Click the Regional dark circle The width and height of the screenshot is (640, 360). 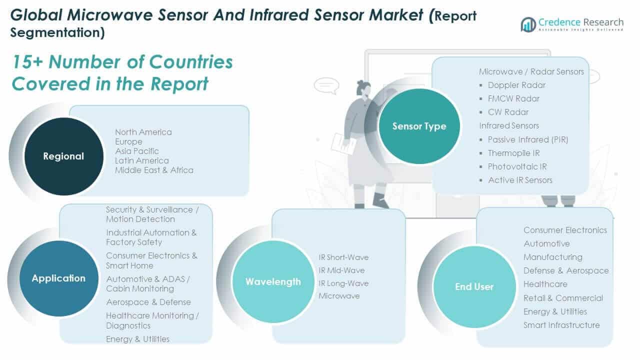(x=63, y=156)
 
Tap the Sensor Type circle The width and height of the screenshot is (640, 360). (x=419, y=126)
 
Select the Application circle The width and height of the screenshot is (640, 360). (x=58, y=278)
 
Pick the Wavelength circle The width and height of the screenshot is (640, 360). (x=273, y=281)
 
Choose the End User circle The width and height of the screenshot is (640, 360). (x=474, y=286)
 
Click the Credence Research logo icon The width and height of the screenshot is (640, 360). (x=528, y=24)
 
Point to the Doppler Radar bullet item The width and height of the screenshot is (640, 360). (x=516, y=85)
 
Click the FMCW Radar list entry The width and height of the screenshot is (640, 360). (x=513, y=98)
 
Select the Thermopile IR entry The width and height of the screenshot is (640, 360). (x=513, y=153)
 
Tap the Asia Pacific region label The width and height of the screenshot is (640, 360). (x=136, y=151)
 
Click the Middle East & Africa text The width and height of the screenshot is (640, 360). (x=154, y=170)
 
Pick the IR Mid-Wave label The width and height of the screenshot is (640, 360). (x=341, y=270)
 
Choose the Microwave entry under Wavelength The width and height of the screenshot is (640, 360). (x=339, y=296)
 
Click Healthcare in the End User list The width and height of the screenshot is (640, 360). (x=545, y=284)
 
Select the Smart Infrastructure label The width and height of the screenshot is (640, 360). (x=561, y=325)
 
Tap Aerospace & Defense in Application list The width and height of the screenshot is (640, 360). (x=148, y=302)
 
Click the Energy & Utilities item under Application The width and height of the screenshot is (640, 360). (x=137, y=339)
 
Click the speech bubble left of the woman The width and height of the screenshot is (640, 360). (x=326, y=85)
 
